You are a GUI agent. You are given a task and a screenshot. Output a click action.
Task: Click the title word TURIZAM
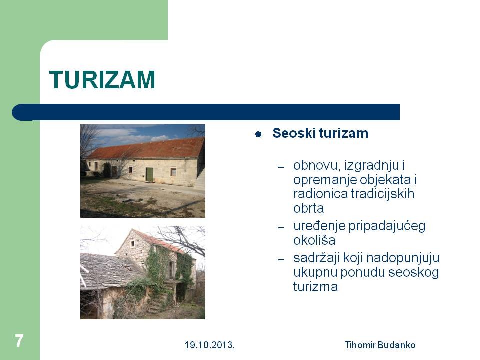pyautogui.click(x=102, y=80)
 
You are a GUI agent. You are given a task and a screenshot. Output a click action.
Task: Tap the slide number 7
pyautogui.click(x=19, y=341)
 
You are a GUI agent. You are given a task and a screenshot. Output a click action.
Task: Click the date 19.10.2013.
pyautogui.click(x=210, y=345)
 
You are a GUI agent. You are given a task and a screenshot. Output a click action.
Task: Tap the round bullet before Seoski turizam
pyautogui.click(x=258, y=134)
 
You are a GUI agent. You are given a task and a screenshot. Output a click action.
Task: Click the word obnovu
pyautogui.click(x=317, y=165)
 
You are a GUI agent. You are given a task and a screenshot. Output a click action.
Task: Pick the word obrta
pyautogui.click(x=308, y=208)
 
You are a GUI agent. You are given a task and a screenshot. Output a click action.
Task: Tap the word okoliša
pyautogui.click(x=314, y=240)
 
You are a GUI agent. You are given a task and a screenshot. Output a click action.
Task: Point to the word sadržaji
pyautogui.click(x=317, y=258)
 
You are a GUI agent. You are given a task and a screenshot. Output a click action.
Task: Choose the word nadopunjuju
pyautogui.click(x=392, y=258)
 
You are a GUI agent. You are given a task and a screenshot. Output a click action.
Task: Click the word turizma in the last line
pyautogui.click(x=315, y=287)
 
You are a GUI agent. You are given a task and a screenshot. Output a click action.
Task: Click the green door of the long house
pyautogui.click(x=149, y=174)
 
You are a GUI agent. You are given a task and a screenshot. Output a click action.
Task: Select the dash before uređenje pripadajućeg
pyautogui.click(x=281, y=228)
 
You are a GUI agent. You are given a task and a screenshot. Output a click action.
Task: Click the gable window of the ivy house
pyautogui.click(x=133, y=244)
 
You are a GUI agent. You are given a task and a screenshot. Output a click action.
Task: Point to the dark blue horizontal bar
pyautogui.click(x=206, y=112)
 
